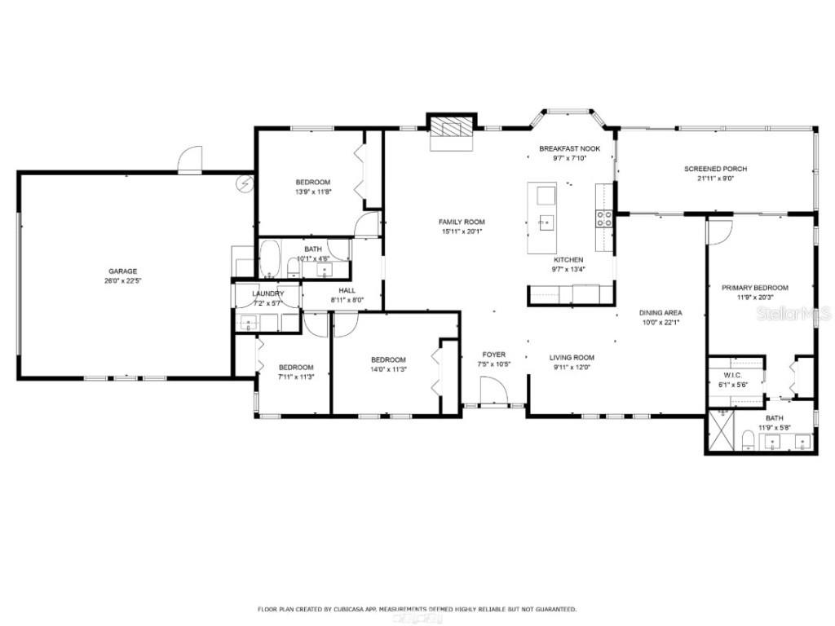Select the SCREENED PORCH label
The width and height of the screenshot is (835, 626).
715,169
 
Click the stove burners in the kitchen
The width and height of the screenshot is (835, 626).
604,218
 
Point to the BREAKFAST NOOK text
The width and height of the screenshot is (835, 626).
569,149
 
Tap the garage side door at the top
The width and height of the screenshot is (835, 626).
189,160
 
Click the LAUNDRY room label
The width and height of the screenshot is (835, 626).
267,293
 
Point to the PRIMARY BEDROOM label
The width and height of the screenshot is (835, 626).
754,288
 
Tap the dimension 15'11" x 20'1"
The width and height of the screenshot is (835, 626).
462,231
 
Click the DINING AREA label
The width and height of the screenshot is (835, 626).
660,312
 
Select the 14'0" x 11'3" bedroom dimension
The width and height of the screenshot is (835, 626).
388,368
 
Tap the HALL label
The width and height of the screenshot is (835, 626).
347,290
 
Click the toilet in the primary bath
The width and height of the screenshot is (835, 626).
748,442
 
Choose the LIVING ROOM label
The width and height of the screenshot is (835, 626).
571,357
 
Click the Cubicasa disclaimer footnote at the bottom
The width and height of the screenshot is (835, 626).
417,609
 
